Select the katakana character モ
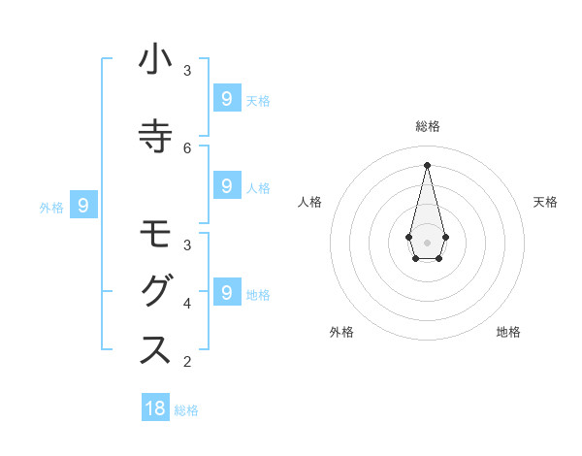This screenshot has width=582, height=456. coord(156,236)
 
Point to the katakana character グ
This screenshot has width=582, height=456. coord(156,292)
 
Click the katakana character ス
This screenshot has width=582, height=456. coord(156,350)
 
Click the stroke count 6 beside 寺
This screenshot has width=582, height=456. coord(187,147)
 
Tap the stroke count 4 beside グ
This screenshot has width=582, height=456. coord(187,303)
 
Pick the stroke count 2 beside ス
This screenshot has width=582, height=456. coord(187,362)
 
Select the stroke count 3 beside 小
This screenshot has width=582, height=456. coord(187,70)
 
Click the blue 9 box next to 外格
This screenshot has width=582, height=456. coord(84,205)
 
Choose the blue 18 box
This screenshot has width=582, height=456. coord(155,408)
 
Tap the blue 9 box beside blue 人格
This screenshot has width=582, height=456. coord(226,185)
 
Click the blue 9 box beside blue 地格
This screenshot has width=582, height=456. coord(226,291)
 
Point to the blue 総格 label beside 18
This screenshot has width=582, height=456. coord(186,410)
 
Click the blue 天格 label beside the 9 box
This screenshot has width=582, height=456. coord(258,100)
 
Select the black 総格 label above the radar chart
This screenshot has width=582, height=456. coord(427,126)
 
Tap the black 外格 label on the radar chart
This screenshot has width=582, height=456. coord(341,332)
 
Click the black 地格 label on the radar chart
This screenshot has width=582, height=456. coord(508,332)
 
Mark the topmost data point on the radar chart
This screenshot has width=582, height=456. coord(427,164)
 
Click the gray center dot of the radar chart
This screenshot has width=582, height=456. coord(427,242)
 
